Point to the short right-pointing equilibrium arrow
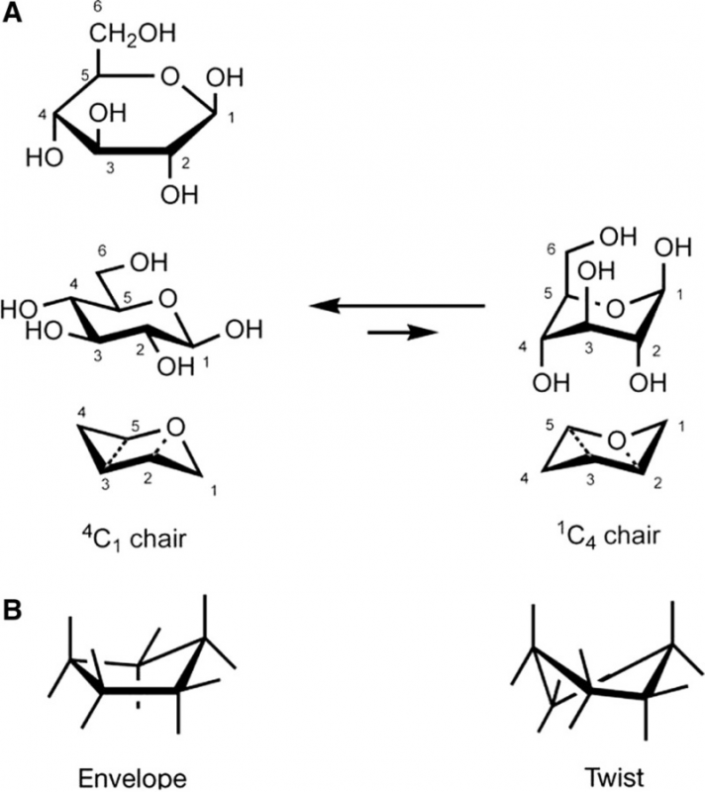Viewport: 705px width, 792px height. point(401,334)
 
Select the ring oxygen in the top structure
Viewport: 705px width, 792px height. point(171,74)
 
